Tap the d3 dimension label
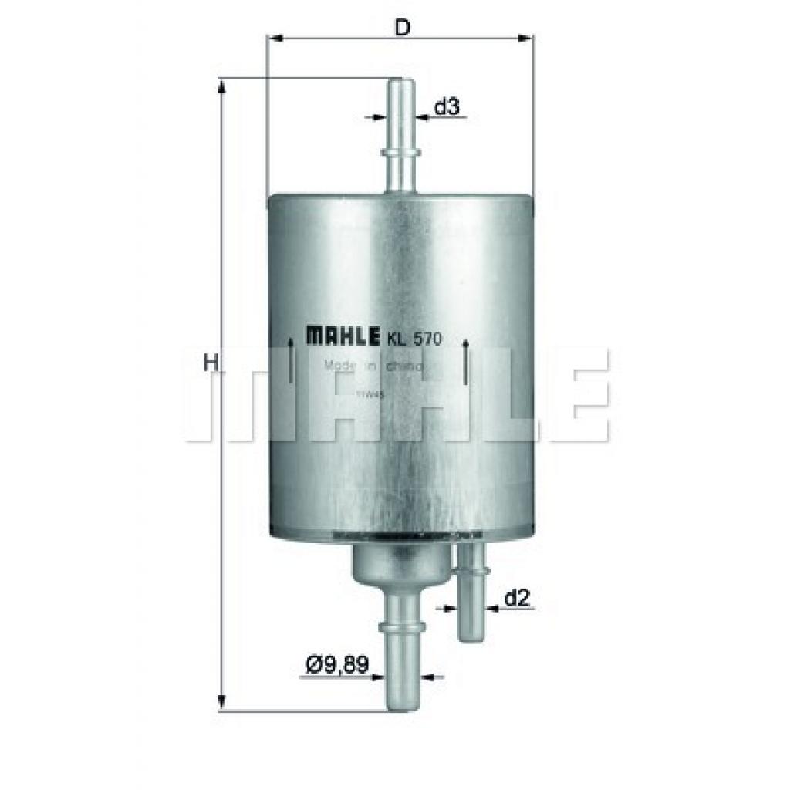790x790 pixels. tap(447, 107)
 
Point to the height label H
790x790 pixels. tap(209, 360)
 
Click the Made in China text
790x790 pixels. tap(373, 367)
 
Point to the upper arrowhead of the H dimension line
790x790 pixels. tap(222, 86)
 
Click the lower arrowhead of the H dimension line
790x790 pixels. tap(222, 703)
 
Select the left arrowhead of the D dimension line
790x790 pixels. tap(274, 37)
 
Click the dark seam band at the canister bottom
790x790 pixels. tap(400, 535)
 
